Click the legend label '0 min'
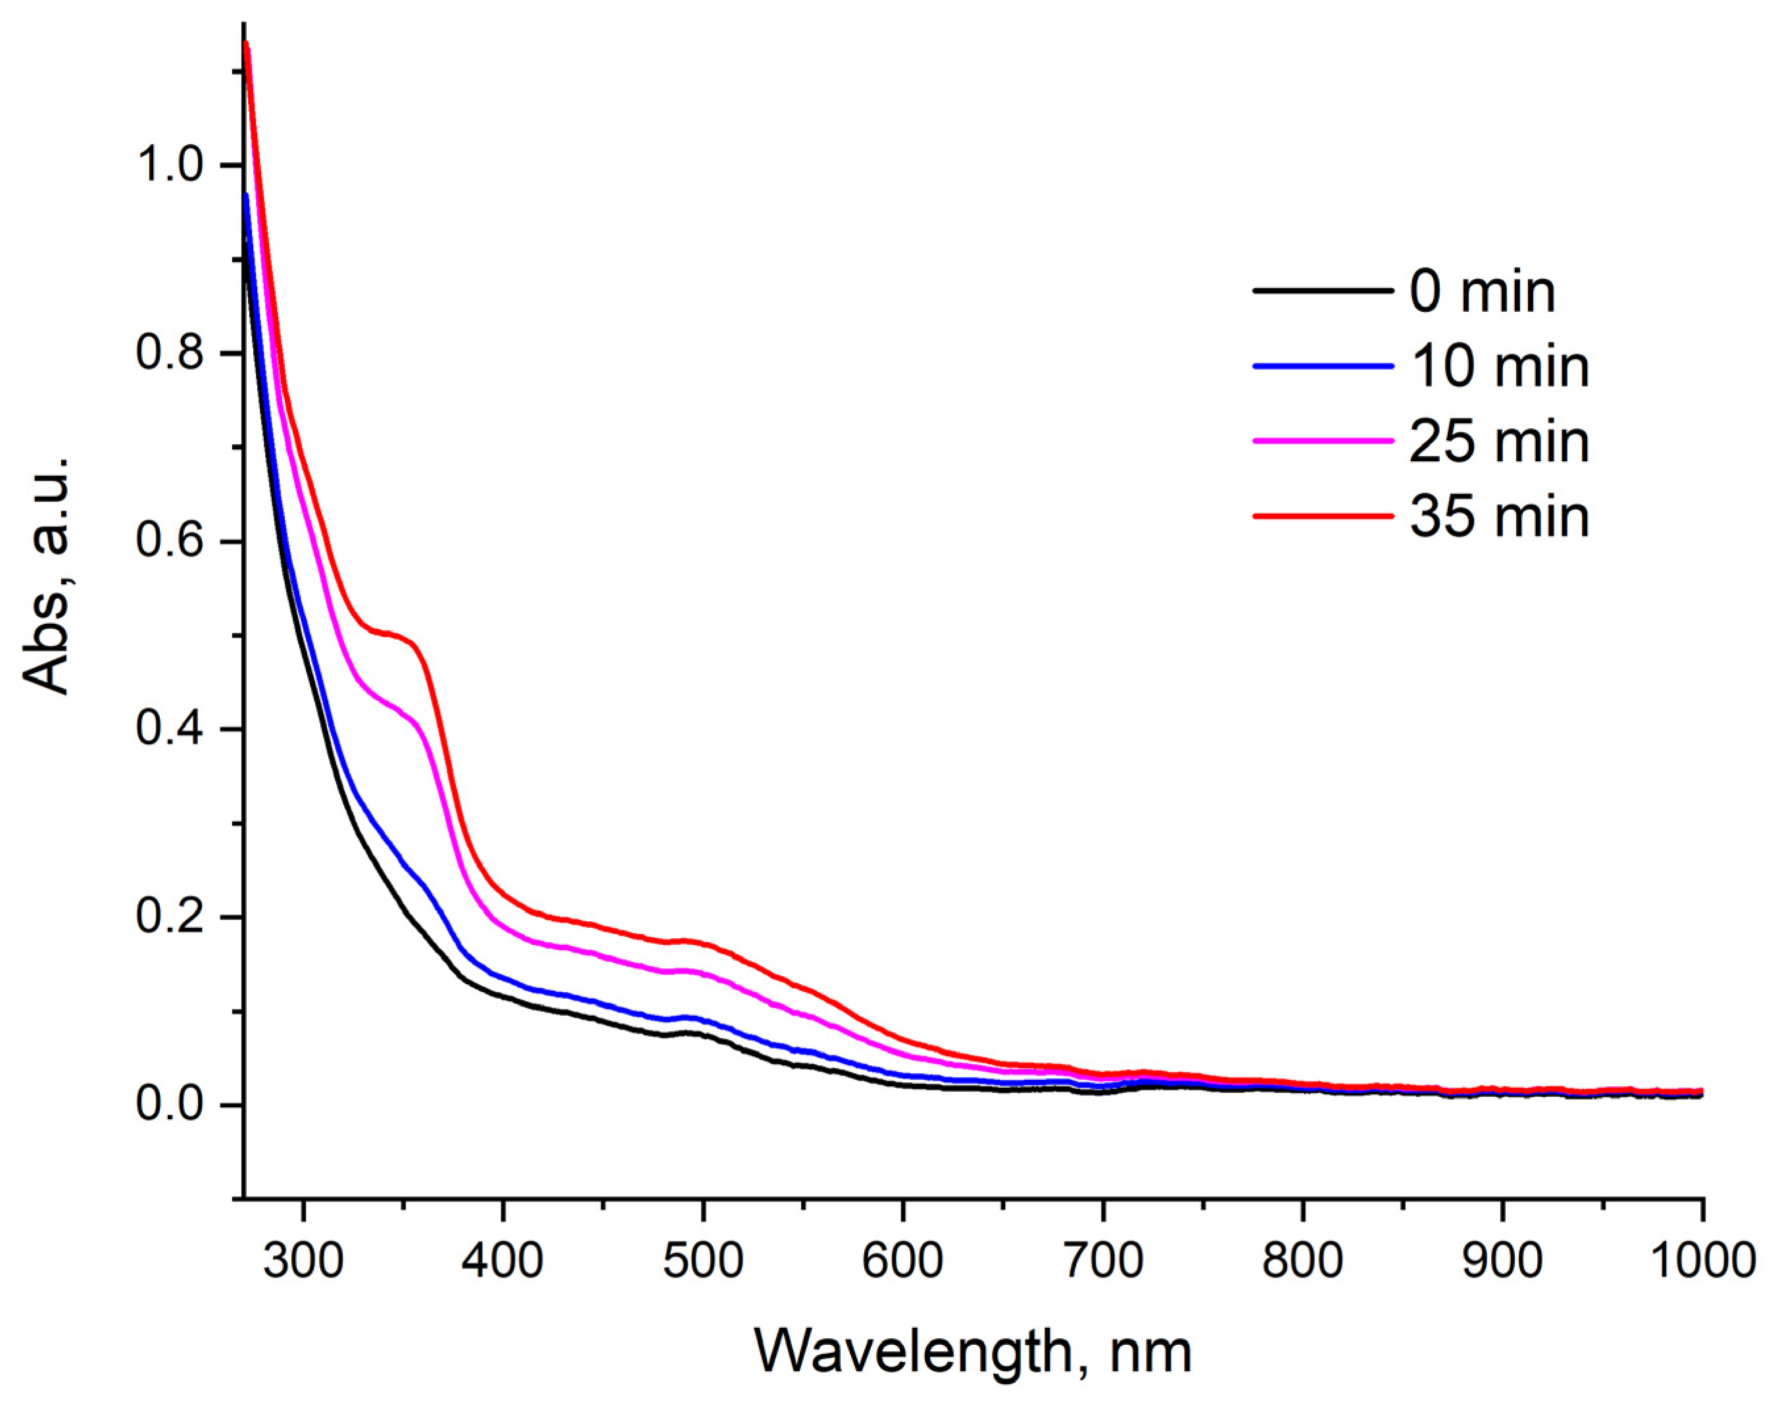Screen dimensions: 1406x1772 point(1482,292)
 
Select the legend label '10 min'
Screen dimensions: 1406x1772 point(1499,366)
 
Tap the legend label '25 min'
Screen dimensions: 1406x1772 point(1499,441)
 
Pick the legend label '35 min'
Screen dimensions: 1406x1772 point(1499,516)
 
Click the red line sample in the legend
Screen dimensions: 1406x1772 point(1323,516)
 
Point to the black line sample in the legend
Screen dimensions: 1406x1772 point(1323,291)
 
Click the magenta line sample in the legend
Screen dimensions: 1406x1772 point(1323,441)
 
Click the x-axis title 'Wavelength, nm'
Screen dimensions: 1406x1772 point(972,1353)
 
